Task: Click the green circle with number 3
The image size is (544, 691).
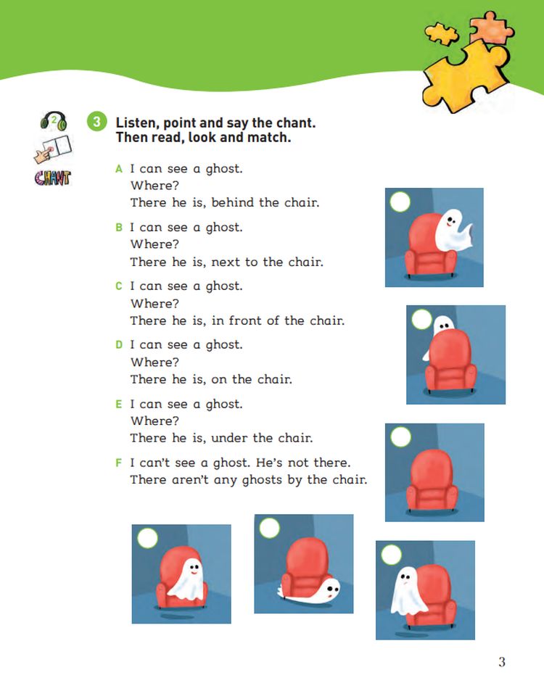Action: (97, 122)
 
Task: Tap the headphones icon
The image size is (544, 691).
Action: (54, 121)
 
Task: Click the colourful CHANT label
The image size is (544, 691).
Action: (52, 178)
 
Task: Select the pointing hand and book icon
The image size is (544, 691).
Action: (53, 149)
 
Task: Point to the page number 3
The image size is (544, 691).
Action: (502, 661)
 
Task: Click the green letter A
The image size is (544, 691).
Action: (118, 169)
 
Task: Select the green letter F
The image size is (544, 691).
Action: (118, 463)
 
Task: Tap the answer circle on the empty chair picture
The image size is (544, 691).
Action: (400, 437)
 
